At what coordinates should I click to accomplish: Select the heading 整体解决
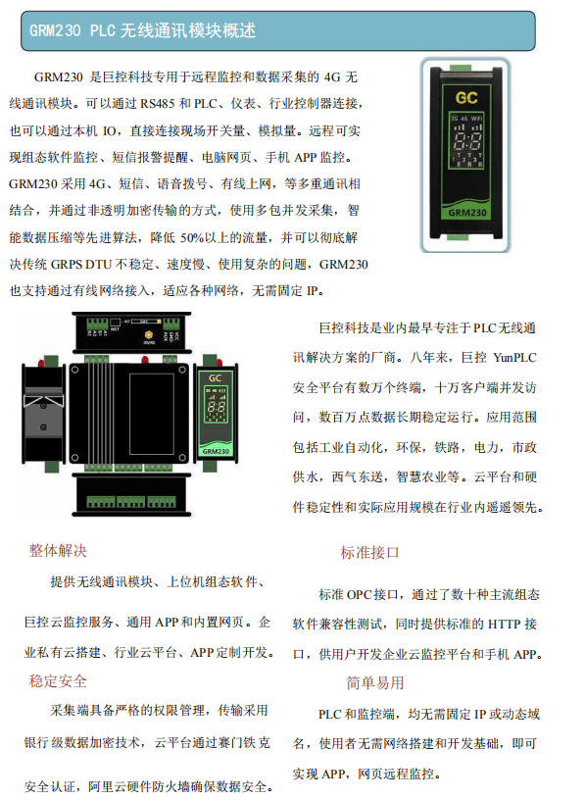point(58,551)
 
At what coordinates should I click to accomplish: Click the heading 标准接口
point(369,552)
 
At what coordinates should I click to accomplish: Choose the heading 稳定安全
point(58,680)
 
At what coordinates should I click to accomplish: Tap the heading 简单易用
point(374,682)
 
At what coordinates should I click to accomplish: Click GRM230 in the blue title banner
point(55,31)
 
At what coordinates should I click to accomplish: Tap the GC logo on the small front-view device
point(215,376)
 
